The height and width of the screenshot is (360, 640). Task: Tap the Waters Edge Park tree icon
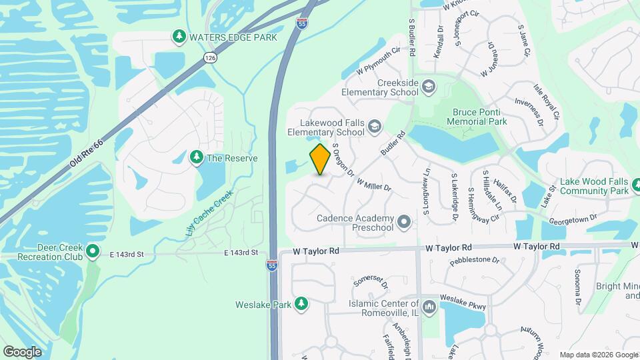[179, 37]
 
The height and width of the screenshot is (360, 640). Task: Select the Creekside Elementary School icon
[428, 87]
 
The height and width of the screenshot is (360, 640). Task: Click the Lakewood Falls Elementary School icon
[375, 125]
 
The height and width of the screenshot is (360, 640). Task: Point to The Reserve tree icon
[197, 157]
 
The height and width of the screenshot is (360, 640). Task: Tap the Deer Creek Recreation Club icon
[93, 252]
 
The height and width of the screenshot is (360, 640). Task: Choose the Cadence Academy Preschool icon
[403, 221]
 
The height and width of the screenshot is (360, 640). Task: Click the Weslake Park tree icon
[301, 304]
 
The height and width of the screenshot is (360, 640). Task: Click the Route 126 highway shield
[211, 59]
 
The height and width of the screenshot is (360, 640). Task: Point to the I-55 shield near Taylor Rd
[272, 265]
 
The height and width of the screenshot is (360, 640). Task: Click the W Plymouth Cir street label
[378, 59]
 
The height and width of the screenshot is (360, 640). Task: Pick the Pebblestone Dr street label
[474, 259]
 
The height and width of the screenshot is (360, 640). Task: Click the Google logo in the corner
[22, 351]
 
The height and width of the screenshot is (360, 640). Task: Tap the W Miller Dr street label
[373, 184]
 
